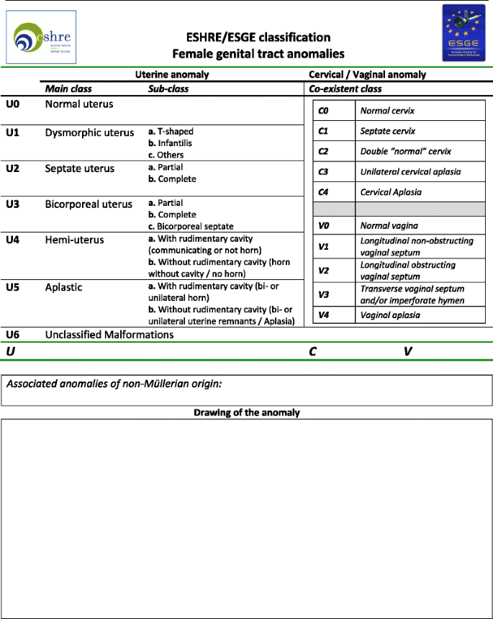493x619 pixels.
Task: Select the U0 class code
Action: point(14,104)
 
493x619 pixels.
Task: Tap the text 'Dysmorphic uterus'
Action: point(89,132)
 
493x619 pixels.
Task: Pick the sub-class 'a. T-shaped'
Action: point(171,132)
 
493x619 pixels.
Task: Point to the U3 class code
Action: point(14,204)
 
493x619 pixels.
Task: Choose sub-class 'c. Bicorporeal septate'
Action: point(191,227)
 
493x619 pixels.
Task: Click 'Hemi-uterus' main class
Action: point(74,240)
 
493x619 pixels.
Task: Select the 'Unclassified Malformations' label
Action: point(109,335)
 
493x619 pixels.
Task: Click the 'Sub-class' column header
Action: point(168,89)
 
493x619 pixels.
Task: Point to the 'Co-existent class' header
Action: point(345,89)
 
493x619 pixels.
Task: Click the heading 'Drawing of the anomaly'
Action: point(247,412)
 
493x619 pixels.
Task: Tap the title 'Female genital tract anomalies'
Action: point(258,54)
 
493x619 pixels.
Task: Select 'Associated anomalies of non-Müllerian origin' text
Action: point(113,384)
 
